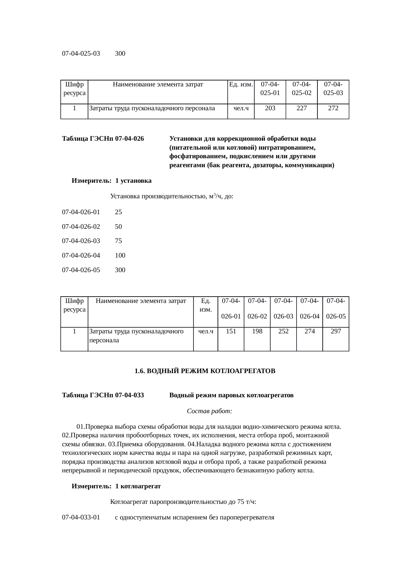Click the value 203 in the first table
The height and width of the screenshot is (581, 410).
[x=270, y=108]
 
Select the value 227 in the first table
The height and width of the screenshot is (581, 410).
[x=302, y=108]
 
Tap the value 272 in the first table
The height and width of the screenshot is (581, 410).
[x=333, y=108]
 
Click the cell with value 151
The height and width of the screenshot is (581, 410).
[x=231, y=331]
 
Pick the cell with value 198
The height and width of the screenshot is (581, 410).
[x=257, y=331]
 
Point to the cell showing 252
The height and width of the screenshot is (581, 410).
[x=283, y=331]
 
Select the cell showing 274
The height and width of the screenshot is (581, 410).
[x=309, y=331]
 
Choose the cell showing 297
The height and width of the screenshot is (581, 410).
[x=336, y=331]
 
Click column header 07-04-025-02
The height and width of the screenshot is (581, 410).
[x=302, y=88]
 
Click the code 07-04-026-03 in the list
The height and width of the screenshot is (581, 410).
[x=81, y=241]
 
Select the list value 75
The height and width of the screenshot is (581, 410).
[x=118, y=241]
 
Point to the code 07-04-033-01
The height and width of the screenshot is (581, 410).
[x=81, y=517]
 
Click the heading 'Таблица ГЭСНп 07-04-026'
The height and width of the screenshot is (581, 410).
[x=103, y=138]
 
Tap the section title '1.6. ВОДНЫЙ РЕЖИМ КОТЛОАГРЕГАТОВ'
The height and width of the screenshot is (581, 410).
[x=205, y=371]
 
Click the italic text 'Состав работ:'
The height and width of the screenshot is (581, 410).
[x=210, y=411]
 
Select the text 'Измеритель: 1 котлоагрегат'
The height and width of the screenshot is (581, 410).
[x=116, y=486]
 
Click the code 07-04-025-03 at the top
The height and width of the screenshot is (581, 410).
[x=81, y=53]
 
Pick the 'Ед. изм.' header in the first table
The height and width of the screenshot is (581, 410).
[x=241, y=84]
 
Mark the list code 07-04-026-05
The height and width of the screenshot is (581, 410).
[x=81, y=270]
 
